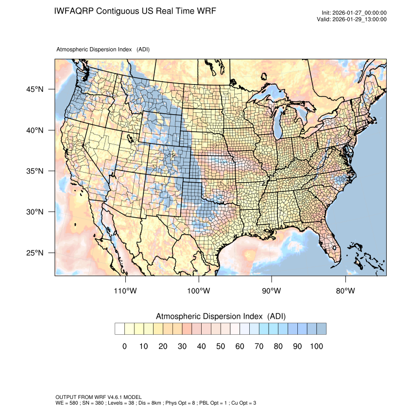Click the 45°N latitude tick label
pyautogui.click(x=35, y=89)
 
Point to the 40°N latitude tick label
pyautogui.click(x=35, y=130)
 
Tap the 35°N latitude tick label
pyautogui.click(x=35, y=171)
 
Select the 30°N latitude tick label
pyautogui.click(x=35, y=212)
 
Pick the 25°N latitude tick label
pyautogui.click(x=35, y=253)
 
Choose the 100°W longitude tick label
pyautogui.click(x=199, y=291)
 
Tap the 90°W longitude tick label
pyautogui.click(x=272, y=291)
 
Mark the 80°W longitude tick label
pyautogui.click(x=345, y=291)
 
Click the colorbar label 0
pyautogui.click(x=124, y=346)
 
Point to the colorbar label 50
pyautogui.click(x=220, y=346)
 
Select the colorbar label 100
pyautogui.click(x=316, y=346)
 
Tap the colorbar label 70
pyautogui.click(x=258, y=346)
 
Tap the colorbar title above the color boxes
pyautogui.click(x=221, y=316)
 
